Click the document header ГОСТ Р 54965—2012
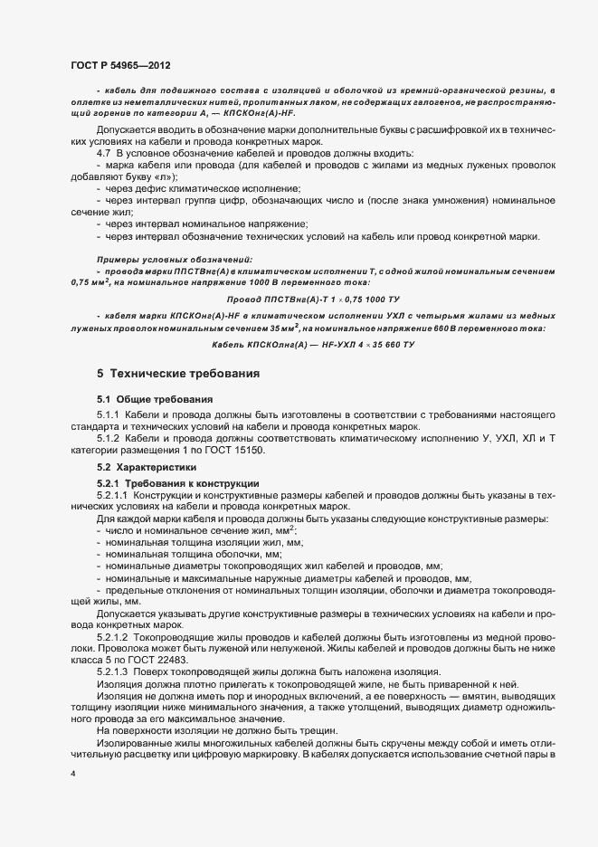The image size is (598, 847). [120, 64]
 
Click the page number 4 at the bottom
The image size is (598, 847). [73, 775]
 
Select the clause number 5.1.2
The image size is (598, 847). [111, 438]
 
